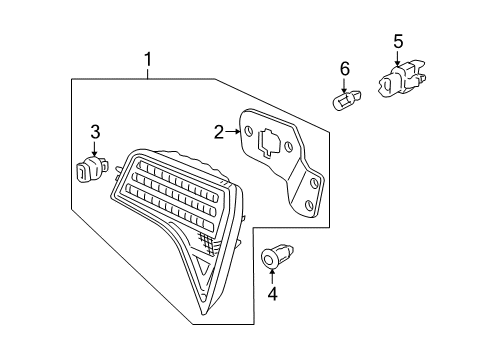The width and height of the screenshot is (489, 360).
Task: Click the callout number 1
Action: pos(148,60)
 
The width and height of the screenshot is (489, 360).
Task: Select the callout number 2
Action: pos(219,132)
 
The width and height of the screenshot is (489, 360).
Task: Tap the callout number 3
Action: pos(95,132)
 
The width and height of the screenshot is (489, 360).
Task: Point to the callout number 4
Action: pos(273,294)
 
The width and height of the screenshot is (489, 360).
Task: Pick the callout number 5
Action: pos(398,41)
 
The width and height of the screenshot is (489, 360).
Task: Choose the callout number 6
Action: pos(345,69)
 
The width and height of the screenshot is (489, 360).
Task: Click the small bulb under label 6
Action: pos(347,100)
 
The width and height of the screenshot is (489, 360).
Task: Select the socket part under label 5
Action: pos(402,78)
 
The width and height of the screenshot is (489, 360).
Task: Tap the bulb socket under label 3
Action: pos(92,168)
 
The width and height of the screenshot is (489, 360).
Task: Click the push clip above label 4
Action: pos(277,256)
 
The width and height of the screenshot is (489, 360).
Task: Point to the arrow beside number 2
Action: pos(233,132)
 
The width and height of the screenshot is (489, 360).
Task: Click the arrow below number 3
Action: pos(95,148)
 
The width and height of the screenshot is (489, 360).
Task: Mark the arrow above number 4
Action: pos(273,276)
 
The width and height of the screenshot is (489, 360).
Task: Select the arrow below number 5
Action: pos(397,58)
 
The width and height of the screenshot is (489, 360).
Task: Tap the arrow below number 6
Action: pos(344,85)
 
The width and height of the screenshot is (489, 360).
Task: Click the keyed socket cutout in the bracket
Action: pos(270,142)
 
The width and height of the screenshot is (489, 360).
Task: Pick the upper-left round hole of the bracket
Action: pos(248,131)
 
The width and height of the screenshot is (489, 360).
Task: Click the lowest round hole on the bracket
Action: pos(309,204)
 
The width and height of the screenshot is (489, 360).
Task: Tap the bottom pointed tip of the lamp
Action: pos(203,315)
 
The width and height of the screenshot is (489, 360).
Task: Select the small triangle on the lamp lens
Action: pos(204,265)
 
